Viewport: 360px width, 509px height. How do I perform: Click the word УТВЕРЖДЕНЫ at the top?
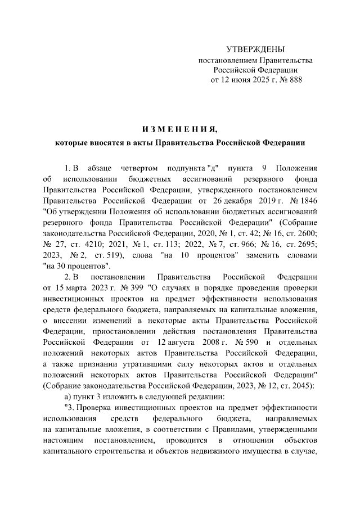pos(255,50)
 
